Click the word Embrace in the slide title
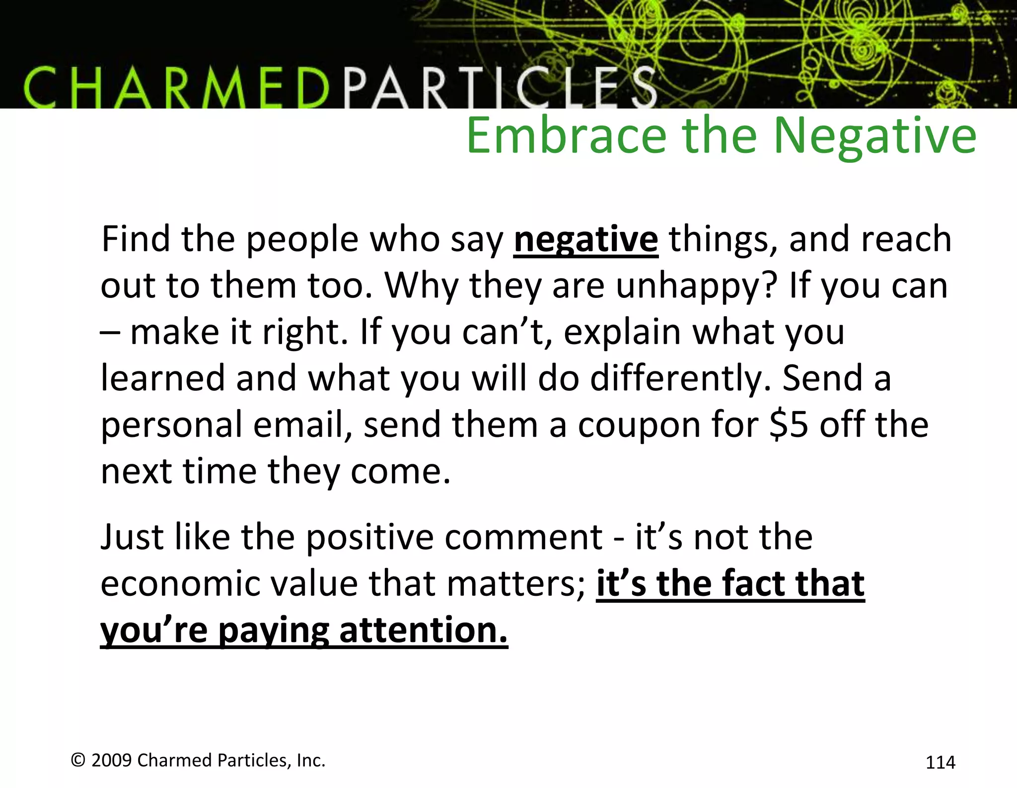(x=566, y=137)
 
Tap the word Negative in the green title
(x=874, y=137)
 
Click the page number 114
(x=940, y=762)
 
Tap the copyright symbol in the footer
(x=78, y=760)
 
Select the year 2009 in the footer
(x=111, y=760)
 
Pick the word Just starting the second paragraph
(x=132, y=538)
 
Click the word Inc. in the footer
(x=310, y=760)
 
